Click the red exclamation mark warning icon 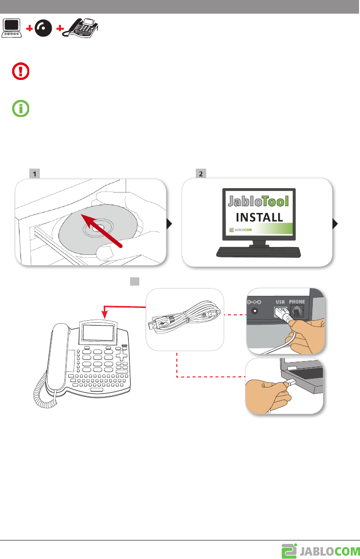click(x=20, y=72)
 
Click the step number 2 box click(x=200, y=173)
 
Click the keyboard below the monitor click(x=259, y=252)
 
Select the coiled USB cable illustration click(x=185, y=319)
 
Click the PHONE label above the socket click(x=297, y=302)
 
